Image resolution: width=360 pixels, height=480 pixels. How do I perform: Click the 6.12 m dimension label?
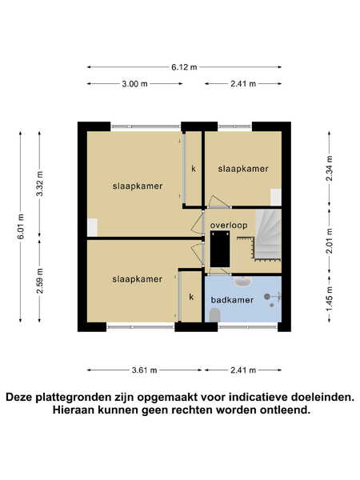184,67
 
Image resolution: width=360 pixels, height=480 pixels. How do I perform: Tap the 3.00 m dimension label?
134,83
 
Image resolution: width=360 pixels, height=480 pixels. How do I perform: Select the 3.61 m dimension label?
144,370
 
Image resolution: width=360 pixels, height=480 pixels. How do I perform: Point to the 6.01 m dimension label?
21,226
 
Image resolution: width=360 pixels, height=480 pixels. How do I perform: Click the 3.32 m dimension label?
39,184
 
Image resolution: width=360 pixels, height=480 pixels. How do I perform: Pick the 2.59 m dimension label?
39,281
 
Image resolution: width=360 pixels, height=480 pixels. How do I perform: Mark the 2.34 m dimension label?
330,168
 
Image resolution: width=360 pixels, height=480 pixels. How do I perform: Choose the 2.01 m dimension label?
330,241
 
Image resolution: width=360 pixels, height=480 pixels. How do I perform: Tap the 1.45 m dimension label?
330,298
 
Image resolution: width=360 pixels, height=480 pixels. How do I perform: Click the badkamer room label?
232,300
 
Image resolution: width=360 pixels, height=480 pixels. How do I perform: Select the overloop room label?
229,226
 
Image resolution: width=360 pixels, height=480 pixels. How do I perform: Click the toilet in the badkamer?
215,315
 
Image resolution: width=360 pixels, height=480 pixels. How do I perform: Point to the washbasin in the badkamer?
242,281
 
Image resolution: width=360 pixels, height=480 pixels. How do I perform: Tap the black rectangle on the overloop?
220,249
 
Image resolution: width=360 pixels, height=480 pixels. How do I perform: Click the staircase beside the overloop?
268,234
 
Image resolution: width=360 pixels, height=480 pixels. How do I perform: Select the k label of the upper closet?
194,168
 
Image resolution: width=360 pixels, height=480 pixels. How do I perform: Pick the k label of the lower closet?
191,297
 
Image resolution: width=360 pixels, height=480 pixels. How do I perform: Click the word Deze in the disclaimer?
19,398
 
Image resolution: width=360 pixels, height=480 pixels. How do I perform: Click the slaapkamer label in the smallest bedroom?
243,169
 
